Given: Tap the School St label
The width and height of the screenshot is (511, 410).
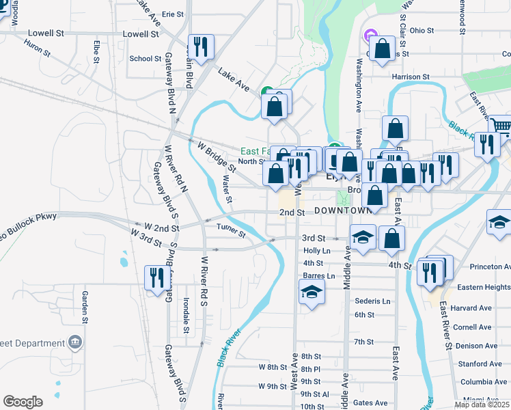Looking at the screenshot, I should click(145, 59).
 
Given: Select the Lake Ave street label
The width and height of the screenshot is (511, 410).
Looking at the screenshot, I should click(234, 79).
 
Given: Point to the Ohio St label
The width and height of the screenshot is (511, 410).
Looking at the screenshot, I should click(422, 30).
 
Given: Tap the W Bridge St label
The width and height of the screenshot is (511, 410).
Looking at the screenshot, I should click(216, 156).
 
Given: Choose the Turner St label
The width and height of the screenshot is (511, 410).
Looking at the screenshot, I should click(230, 230).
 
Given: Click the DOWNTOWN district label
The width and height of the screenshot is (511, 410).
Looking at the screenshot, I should click(344, 211).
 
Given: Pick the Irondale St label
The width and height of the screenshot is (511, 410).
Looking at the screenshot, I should click(186, 315).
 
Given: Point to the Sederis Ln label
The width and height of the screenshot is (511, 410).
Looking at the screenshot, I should click(372, 301).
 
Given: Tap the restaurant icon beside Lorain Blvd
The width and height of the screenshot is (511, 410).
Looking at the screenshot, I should click(201, 46).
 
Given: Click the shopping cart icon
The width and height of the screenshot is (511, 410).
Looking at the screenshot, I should click(501, 126).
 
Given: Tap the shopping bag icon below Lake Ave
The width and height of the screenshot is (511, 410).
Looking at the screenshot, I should click(275, 107).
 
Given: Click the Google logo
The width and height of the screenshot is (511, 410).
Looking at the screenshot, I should click(23, 402).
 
